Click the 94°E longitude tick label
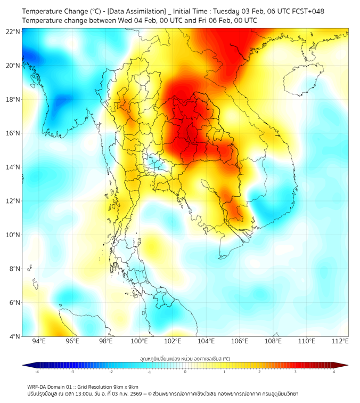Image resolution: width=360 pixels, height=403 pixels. (39, 341)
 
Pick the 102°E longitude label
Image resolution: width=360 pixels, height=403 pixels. (173, 341)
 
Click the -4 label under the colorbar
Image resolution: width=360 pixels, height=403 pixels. (37, 371)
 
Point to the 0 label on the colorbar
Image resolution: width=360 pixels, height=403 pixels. (185, 371)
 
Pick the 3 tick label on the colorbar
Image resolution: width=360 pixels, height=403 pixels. (296, 371)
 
